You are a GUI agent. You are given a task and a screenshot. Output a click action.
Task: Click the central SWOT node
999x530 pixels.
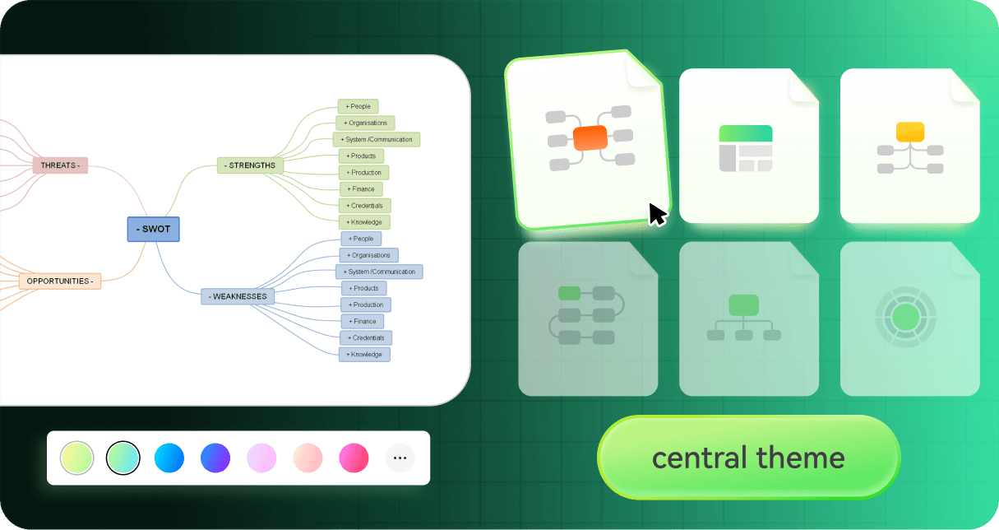click(x=153, y=229)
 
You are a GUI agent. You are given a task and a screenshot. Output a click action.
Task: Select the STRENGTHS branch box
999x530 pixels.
click(x=250, y=165)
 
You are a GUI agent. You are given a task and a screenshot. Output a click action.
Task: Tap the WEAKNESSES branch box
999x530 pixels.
click(x=238, y=296)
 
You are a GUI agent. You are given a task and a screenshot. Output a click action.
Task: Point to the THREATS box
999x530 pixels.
click(x=60, y=165)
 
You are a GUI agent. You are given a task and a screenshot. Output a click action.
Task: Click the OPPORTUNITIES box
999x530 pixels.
click(x=60, y=281)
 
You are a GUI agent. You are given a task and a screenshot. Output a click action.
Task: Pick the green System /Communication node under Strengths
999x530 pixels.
click(x=377, y=139)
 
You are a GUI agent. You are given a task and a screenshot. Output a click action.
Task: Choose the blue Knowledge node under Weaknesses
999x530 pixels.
click(x=364, y=354)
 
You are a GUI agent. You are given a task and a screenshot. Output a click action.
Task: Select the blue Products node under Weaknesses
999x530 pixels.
click(x=363, y=288)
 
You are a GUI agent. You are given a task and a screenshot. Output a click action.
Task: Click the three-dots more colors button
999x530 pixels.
click(x=400, y=458)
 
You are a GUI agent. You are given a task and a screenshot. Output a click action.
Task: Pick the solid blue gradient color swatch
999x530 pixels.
click(x=169, y=458)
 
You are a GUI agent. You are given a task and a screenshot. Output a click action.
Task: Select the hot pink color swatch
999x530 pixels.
click(x=354, y=458)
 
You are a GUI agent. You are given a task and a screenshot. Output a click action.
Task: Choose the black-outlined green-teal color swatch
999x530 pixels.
click(x=123, y=458)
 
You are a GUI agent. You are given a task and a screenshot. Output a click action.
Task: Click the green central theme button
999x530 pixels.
click(x=748, y=458)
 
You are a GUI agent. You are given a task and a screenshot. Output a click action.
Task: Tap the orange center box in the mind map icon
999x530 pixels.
click(x=590, y=138)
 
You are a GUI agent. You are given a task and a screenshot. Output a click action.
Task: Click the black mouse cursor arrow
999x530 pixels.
click(x=657, y=214)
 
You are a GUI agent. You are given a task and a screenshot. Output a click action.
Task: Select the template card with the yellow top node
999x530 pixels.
click(x=909, y=146)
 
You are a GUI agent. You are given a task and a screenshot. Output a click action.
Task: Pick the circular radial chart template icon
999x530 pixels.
click(x=905, y=317)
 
